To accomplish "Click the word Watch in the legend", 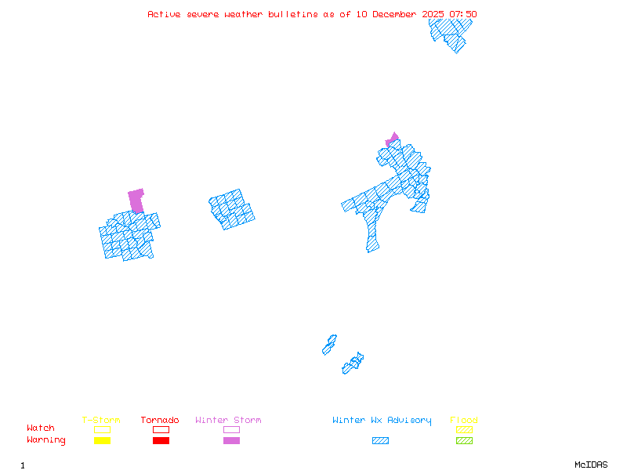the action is click(x=41, y=428).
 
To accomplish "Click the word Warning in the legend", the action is click(x=46, y=440).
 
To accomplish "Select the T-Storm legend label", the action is click(x=101, y=420).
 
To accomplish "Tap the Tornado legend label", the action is click(x=160, y=420).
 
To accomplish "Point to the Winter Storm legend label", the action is click(x=228, y=420).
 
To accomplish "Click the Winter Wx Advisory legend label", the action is click(x=382, y=420).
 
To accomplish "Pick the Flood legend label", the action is click(x=464, y=420).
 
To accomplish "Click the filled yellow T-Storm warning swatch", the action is click(x=102, y=441).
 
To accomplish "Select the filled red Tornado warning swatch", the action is click(x=161, y=441).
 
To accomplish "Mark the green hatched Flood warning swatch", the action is click(x=464, y=441).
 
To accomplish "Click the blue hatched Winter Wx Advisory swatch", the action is click(x=380, y=441).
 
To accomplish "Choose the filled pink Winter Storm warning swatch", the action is click(x=231, y=441).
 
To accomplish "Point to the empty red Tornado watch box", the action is click(x=161, y=429).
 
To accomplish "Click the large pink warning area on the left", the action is click(x=136, y=200).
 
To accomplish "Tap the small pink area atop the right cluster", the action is click(x=393, y=139).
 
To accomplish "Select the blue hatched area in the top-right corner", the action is click(x=449, y=31).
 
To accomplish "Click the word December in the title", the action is click(x=400, y=14).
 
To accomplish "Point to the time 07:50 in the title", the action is click(x=462, y=14).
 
